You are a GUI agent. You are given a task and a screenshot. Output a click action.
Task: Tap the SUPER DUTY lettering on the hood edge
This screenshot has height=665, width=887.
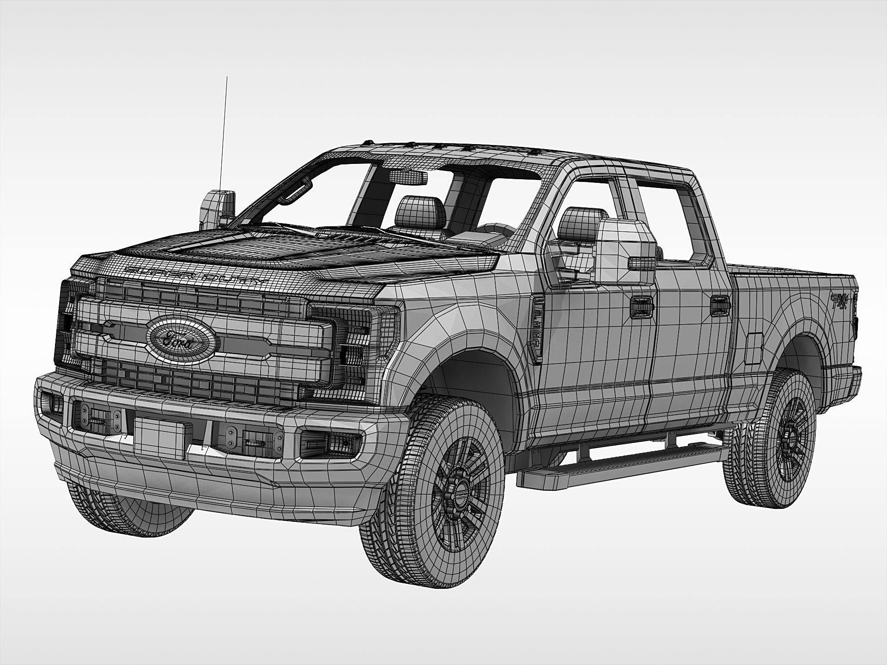(196, 274)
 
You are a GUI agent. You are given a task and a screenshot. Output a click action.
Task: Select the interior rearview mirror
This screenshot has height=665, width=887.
(408, 177)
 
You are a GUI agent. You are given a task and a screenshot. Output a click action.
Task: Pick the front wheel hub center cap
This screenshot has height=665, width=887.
(460, 493)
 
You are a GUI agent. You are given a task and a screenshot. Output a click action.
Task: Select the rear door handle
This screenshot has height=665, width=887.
(719, 305)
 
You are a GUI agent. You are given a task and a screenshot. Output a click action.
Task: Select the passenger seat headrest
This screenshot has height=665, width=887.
(419, 212)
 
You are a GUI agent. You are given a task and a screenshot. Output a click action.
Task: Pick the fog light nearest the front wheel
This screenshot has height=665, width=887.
(329, 443)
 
